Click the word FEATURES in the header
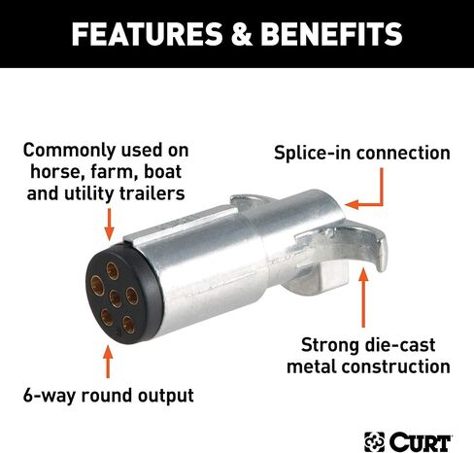tap(148, 34)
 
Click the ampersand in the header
tap(242, 34)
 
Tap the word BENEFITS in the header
tap(331, 34)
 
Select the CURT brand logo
tap(408, 441)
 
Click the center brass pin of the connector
tap(116, 298)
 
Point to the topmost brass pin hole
tap(113, 270)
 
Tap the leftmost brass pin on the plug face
tap(97, 286)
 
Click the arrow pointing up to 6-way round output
tap(108, 362)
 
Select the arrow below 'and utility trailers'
tap(110, 225)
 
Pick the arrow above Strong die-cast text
tap(363, 297)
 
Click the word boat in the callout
tap(162, 172)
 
